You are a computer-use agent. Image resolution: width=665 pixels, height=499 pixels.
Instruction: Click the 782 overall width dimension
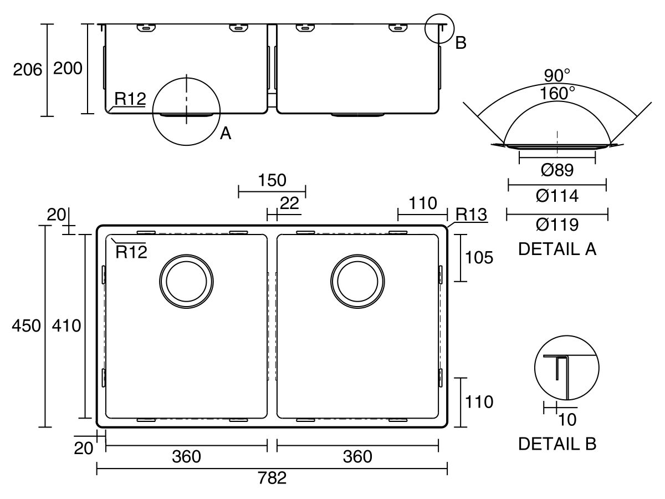(272, 478)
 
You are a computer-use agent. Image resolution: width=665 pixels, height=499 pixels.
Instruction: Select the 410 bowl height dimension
(66, 326)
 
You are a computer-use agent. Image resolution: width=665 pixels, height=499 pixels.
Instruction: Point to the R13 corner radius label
(471, 214)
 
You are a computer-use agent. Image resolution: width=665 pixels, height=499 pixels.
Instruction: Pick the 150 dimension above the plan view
(272, 180)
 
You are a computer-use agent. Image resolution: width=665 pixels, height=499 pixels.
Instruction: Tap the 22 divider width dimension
(289, 203)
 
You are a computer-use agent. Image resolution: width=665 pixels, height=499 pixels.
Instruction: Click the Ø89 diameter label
(557, 170)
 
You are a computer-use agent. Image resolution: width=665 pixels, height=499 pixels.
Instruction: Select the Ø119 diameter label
(557, 225)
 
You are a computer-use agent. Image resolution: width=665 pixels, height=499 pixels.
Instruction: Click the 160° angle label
(557, 93)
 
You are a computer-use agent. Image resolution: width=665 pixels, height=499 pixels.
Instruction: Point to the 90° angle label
(557, 75)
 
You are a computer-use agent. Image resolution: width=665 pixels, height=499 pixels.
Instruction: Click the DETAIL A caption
(557, 249)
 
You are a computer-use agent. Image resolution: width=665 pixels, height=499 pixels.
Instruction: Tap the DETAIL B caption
(557, 444)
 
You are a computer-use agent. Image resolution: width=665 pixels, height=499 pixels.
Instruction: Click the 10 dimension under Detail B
(567, 420)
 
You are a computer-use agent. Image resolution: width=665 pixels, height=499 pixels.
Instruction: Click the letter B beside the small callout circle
(461, 43)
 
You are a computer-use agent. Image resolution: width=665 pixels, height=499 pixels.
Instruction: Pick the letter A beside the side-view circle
(226, 133)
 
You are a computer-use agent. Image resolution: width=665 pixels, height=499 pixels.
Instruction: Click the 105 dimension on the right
(479, 258)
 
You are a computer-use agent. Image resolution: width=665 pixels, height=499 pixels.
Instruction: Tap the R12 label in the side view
(130, 99)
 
